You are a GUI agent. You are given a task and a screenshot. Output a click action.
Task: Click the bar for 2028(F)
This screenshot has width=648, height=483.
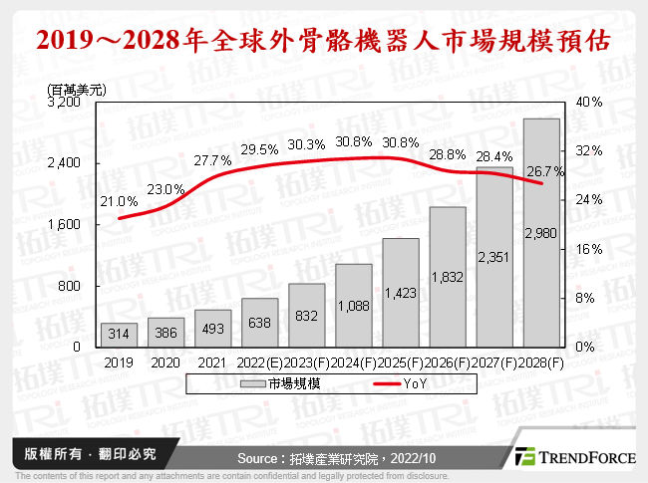[541, 231]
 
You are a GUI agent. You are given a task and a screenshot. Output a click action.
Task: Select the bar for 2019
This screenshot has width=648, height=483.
[119, 334]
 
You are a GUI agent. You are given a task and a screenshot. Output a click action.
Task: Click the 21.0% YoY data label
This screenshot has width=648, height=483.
[120, 202]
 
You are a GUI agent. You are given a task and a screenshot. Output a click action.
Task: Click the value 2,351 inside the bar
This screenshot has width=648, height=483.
[494, 258]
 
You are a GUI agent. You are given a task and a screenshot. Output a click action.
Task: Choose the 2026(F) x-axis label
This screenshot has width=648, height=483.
[447, 363]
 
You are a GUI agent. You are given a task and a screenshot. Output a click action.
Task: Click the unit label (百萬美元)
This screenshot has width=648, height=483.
[76, 88]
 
